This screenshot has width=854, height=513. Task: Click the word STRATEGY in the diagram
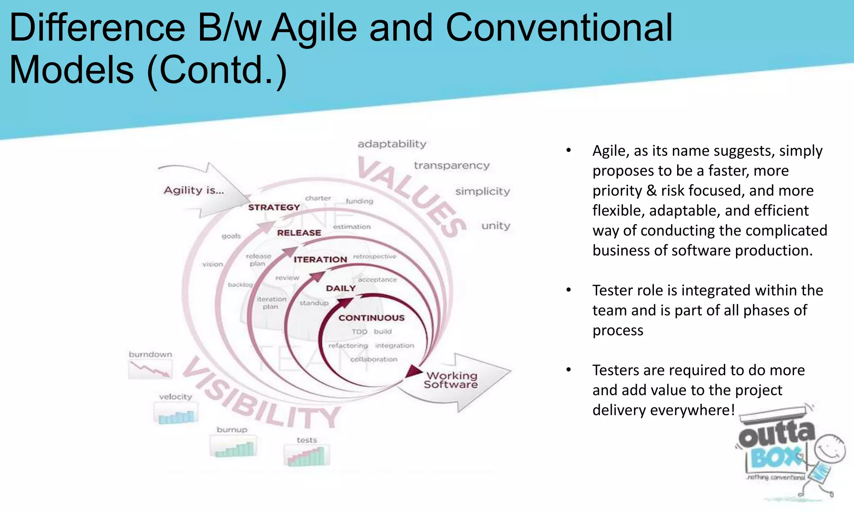pos(274,207)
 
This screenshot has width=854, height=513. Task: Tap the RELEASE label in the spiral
pos(299,233)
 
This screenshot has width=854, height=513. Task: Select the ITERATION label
pos(320,260)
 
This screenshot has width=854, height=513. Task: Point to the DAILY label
pos(341,288)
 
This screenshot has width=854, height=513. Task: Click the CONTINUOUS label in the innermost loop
pos(372,318)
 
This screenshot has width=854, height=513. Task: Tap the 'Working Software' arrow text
pos(451,380)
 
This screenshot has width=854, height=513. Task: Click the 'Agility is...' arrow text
pos(194,191)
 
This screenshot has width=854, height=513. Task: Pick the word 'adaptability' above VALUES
pos(392,144)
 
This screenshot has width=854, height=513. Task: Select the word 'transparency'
pos(452,166)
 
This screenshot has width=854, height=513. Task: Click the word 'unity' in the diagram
pos(496,226)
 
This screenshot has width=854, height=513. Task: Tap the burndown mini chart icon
pos(150,369)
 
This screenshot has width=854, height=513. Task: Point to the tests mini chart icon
pos(307,455)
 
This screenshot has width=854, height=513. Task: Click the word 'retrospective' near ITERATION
pos(374,256)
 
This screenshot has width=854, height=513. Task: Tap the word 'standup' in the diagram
pos(314,303)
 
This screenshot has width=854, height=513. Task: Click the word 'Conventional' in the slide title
pos(559,28)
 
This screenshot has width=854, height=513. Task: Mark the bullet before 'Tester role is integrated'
pos(568,290)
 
